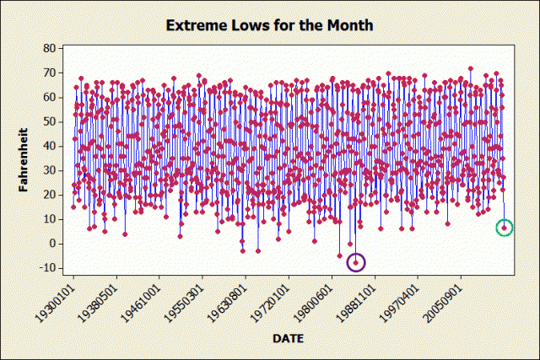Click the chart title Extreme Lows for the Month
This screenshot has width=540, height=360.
[x=269, y=25]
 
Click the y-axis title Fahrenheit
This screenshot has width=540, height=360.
[x=24, y=160]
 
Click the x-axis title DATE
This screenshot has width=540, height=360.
[x=289, y=338]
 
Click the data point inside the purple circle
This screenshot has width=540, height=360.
[x=356, y=263]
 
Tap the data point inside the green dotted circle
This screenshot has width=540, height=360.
[x=505, y=228]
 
